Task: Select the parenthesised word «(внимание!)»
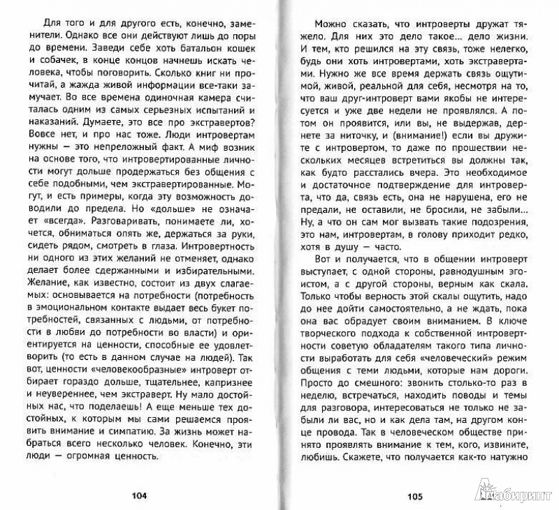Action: [x=437, y=158]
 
